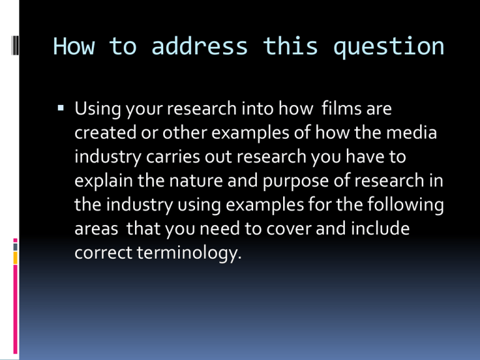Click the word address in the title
199,46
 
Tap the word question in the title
389,47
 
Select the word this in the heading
290,46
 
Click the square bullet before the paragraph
61,107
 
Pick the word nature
196,181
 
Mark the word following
405,206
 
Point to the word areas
96,229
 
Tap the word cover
289,229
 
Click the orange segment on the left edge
15,257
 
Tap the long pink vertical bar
15,309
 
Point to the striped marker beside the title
15,46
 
